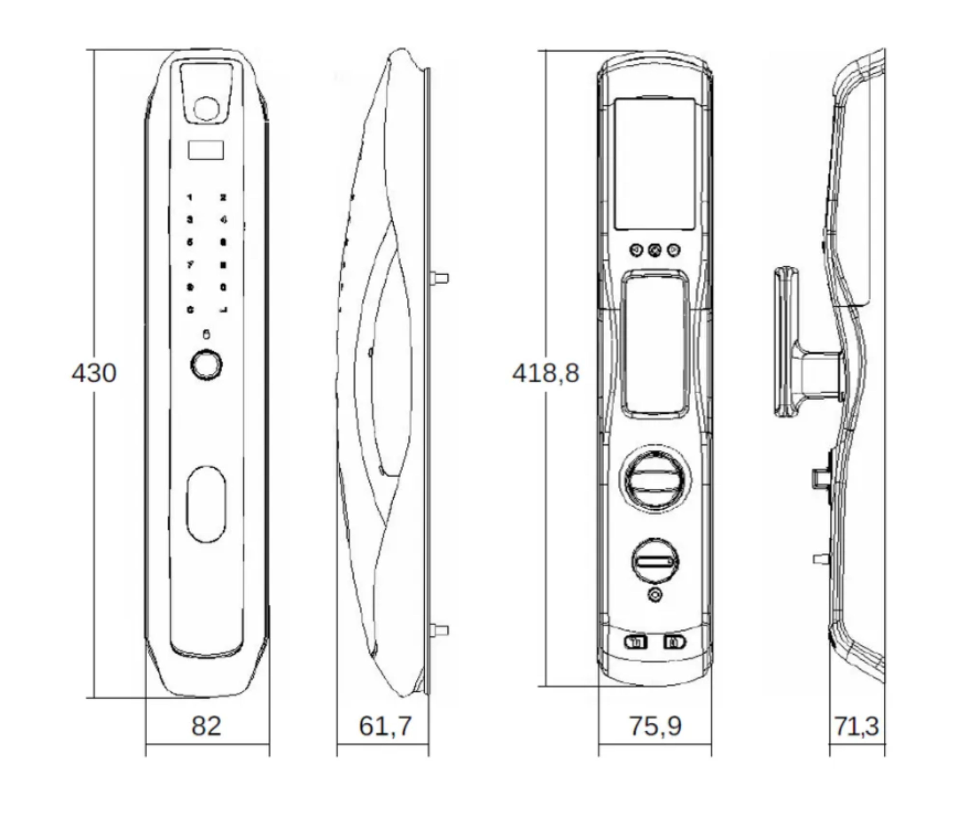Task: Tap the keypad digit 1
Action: point(190,198)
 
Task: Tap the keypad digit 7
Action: point(190,265)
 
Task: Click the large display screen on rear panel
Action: point(654,164)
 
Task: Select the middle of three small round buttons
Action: point(654,250)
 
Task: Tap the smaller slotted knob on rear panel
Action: point(654,562)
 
